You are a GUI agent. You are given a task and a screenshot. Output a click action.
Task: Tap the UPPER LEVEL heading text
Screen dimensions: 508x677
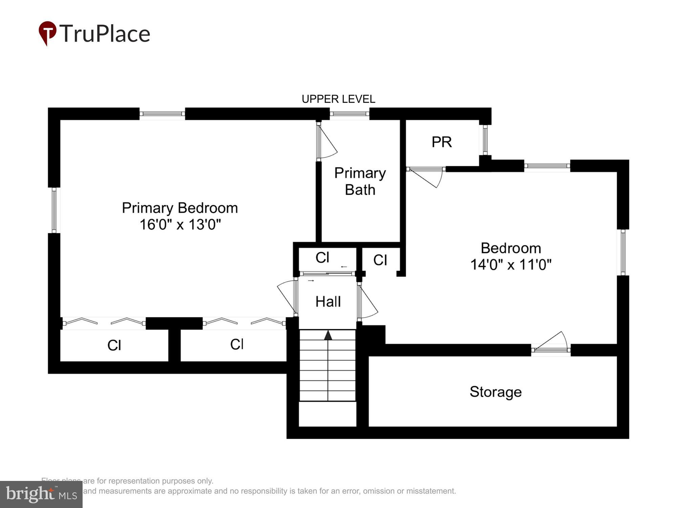coord(338,99)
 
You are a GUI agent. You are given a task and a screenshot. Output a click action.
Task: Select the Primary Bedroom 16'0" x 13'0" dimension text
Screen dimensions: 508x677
coord(180,225)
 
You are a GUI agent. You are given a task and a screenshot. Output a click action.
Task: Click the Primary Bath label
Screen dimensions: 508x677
coord(360,181)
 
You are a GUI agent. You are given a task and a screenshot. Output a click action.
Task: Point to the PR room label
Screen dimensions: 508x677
coord(441,142)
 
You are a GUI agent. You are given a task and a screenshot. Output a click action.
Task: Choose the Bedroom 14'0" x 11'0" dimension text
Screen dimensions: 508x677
coord(510,264)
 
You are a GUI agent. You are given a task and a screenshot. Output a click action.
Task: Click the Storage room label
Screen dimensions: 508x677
coord(495,392)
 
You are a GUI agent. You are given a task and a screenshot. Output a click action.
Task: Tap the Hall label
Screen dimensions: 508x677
coord(328,301)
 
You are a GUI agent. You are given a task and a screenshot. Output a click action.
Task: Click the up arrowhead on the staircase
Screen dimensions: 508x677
coord(328,336)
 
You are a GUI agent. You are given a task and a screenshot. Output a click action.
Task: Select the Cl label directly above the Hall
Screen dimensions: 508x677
coord(322,258)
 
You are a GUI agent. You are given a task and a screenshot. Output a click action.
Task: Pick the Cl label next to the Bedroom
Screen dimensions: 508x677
coord(380,260)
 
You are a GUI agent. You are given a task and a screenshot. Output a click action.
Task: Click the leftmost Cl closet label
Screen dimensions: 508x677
coord(114,345)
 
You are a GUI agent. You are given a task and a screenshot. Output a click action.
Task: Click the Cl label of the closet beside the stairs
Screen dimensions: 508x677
coord(237,344)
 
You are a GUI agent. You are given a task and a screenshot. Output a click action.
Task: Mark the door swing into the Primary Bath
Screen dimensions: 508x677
coord(327,142)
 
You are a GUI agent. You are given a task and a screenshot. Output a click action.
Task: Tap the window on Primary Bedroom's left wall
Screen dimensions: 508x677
coord(54,210)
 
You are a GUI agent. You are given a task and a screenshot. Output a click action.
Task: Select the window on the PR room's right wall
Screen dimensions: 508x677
coord(485,140)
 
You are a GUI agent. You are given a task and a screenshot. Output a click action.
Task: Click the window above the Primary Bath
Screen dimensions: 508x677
coord(349,114)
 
